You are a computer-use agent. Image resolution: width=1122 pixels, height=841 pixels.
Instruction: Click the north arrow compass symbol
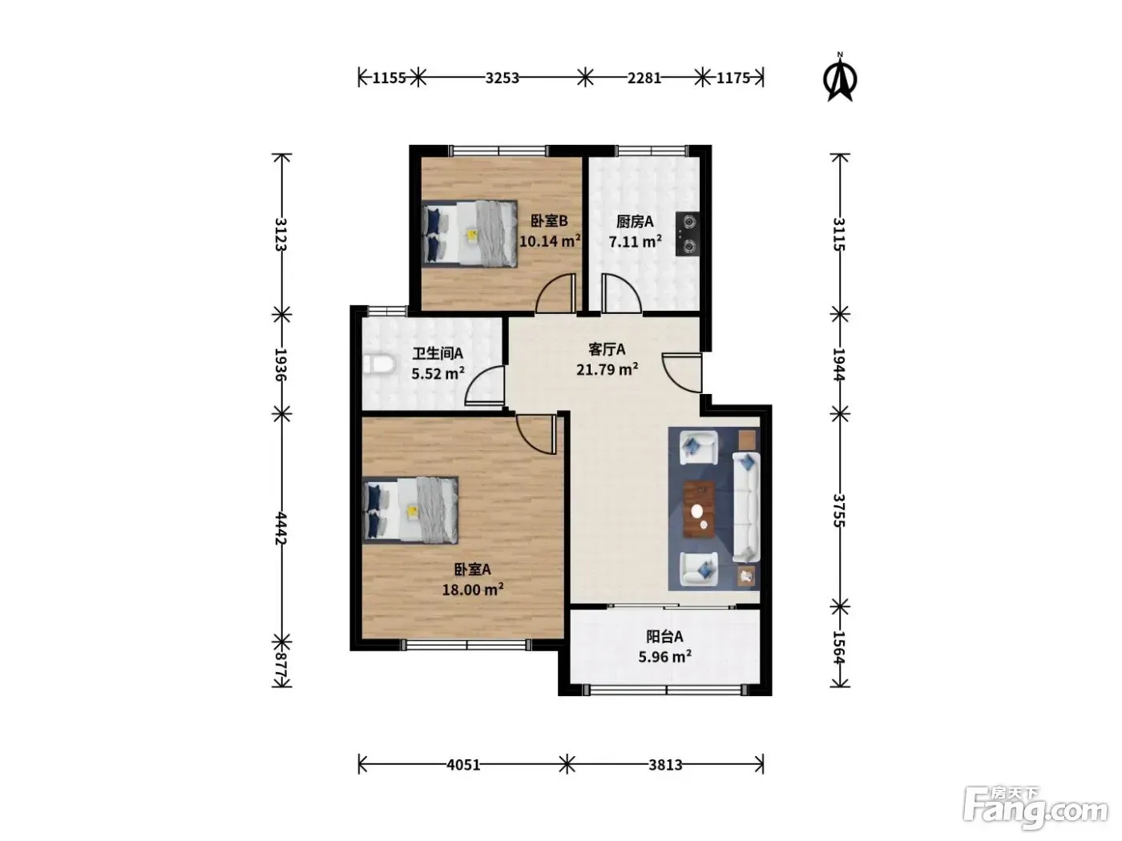coord(840,78)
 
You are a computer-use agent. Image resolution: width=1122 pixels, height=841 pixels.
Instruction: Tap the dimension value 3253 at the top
coord(502,78)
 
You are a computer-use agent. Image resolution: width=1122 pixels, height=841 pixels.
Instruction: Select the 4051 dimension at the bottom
coord(463,764)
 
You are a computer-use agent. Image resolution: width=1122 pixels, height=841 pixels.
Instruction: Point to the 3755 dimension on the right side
coord(839,510)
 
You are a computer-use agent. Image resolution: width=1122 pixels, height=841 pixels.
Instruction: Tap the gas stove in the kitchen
coord(688,234)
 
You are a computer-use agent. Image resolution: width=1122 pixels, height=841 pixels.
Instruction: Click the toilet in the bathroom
coord(379,365)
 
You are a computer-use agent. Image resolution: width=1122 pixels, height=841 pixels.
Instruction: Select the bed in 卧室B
coord(470,233)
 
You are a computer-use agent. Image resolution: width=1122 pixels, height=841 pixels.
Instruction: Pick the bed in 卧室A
coord(410,509)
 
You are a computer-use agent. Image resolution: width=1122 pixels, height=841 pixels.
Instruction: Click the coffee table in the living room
coord(699,509)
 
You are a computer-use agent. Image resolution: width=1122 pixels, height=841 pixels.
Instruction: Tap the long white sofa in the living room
coord(746,507)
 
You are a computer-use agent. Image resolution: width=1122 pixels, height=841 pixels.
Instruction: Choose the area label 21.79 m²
coord(607,368)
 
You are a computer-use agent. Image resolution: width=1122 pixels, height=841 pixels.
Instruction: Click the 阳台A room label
coord(664,636)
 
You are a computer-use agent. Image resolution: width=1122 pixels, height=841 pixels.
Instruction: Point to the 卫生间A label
coord(438,353)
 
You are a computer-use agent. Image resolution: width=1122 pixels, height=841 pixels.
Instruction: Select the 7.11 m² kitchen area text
coord(635,241)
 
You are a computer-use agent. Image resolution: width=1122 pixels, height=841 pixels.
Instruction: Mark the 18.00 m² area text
coord(473,590)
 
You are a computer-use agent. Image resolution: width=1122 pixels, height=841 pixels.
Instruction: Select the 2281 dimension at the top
coord(644,78)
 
